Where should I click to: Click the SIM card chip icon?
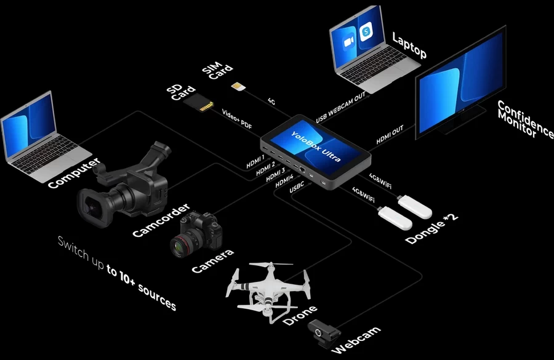238,86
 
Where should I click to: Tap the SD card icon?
199,102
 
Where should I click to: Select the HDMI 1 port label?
255,161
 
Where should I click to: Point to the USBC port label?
297,187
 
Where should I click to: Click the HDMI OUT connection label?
390,135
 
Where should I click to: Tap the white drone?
268,290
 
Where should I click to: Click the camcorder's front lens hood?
92,207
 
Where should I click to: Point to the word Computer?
74,173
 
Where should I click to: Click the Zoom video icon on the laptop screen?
348,42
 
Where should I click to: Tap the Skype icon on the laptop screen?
366,31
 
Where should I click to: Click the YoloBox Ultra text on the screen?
316,146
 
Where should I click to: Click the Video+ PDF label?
237,119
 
